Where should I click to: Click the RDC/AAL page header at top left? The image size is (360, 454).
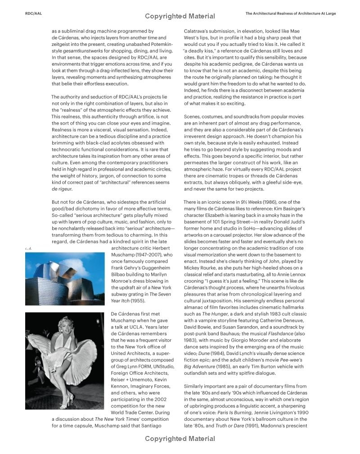(x=33, y=13)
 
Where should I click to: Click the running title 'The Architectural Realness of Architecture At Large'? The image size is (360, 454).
(x=290, y=13)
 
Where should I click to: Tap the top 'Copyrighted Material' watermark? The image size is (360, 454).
(x=180, y=16)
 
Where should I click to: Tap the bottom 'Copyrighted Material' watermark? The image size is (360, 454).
(x=180, y=438)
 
